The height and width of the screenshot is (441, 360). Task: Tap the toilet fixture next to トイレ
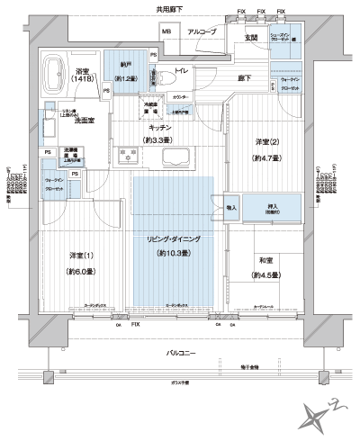point(154,77)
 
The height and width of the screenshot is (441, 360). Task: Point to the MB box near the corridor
point(166,33)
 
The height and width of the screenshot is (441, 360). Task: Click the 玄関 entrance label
point(251,38)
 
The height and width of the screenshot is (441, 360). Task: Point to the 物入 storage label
point(230,207)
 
